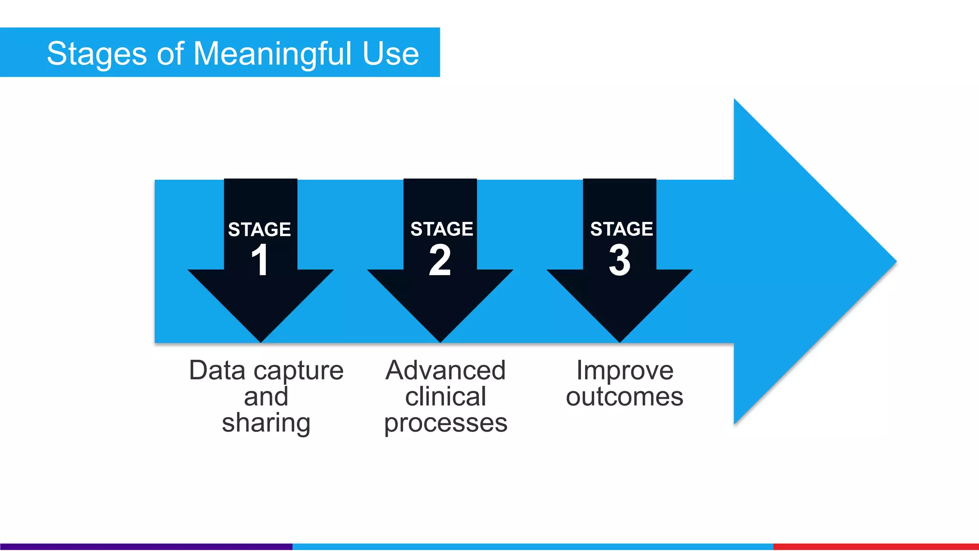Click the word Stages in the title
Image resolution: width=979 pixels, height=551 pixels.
pyautogui.click(x=97, y=54)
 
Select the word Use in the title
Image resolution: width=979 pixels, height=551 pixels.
pyautogui.click(x=391, y=54)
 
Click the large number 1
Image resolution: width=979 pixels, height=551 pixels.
pyautogui.click(x=260, y=260)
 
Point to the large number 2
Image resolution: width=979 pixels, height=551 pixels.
pyautogui.click(x=440, y=260)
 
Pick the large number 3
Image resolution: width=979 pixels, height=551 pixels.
pyautogui.click(x=620, y=260)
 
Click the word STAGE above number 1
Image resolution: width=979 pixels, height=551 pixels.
pyautogui.click(x=260, y=230)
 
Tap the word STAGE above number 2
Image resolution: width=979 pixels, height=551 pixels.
pyautogui.click(x=442, y=229)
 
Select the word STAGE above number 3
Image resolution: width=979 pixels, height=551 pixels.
pyautogui.click(x=621, y=229)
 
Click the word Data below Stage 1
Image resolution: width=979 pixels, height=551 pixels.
pyautogui.click(x=218, y=371)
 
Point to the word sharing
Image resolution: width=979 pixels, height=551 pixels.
pyautogui.click(x=266, y=423)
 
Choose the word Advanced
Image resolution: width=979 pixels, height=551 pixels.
pyautogui.click(x=446, y=371)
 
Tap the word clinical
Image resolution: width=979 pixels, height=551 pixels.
pyautogui.click(x=446, y=397)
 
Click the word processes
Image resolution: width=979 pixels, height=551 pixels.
pyautogui.click(x=446, y=423)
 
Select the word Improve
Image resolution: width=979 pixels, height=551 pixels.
pyautogui.click(x=625, y=371)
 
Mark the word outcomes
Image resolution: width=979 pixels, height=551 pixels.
pyautogui.click(x=625, y=397)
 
